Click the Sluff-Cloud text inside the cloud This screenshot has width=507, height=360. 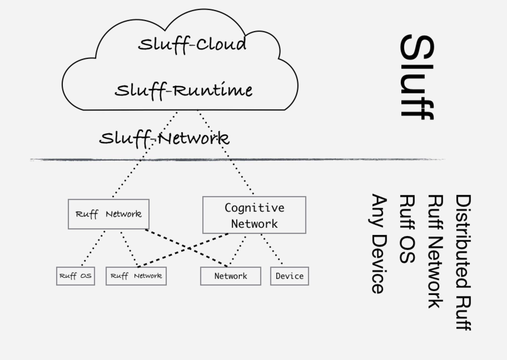[192, 44]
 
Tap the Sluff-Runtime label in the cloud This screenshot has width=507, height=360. [183, 91]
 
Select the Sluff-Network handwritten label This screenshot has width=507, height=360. [164, 138]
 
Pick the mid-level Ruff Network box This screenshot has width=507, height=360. [108, 214]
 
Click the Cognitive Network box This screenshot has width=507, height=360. [254, 215]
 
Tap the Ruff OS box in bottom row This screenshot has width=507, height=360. [75, 276]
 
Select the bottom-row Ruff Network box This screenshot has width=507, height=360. [136, 276]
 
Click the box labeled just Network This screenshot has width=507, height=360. [230, 276]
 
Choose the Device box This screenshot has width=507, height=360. [289, 276]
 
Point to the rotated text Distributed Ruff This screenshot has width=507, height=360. [463, 262]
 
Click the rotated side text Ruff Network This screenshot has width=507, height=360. [435, 251]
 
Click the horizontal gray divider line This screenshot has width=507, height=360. [236, 160]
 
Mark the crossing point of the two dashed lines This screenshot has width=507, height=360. [188, 248]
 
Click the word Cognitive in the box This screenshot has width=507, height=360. [254, 208]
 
